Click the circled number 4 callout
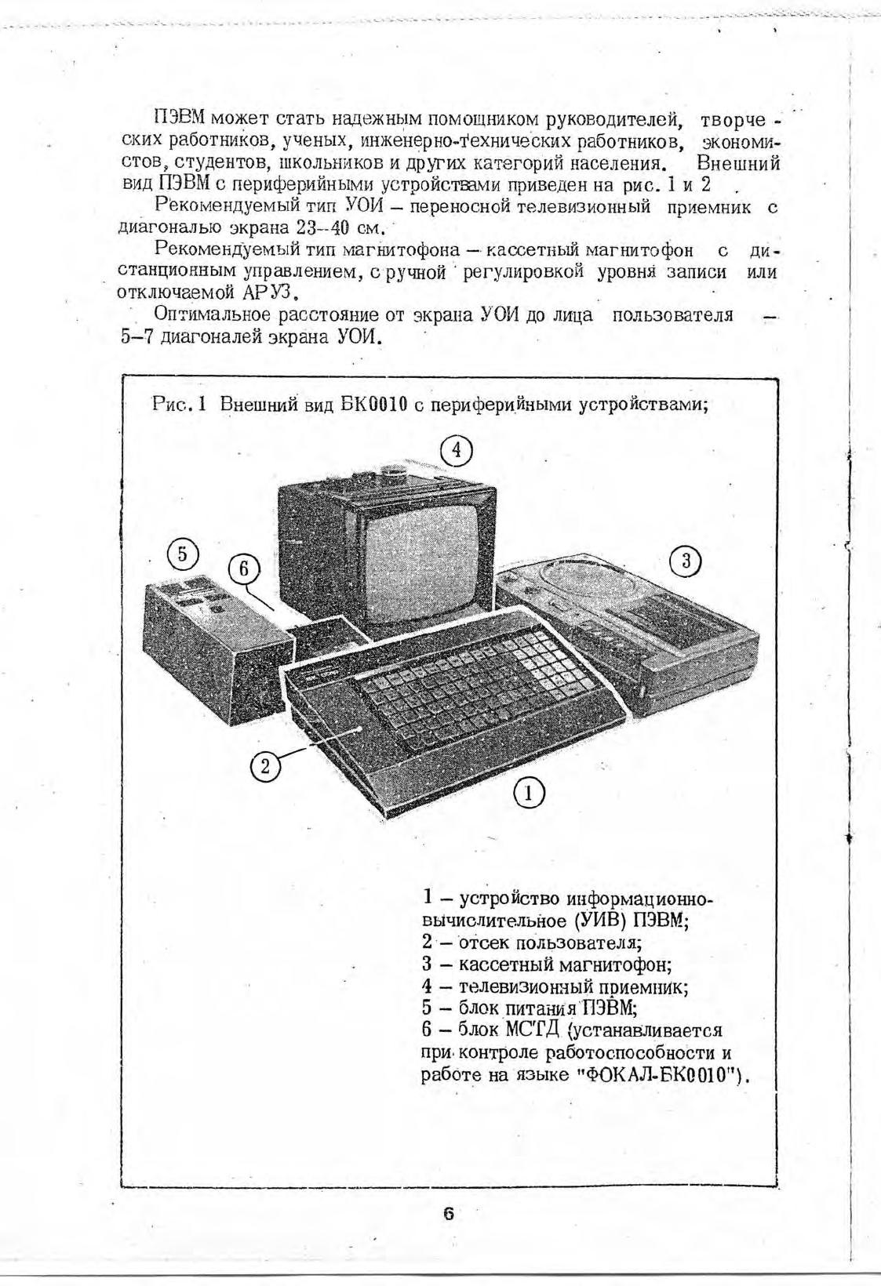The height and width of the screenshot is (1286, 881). [457, 451]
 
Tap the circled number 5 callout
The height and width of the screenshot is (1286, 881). [182, 554]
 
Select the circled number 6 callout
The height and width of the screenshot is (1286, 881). [243, 569]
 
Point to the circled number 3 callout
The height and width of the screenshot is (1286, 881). [686, 561]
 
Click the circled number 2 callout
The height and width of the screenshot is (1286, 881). [265, 765]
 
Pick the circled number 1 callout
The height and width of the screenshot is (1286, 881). [529, 794]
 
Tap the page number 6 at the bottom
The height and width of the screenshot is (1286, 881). [448, 1214]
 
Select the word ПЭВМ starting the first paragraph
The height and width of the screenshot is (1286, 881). [180, 119]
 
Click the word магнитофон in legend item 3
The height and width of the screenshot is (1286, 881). [624, 964]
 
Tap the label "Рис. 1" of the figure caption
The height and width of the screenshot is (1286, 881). [178, 405]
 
